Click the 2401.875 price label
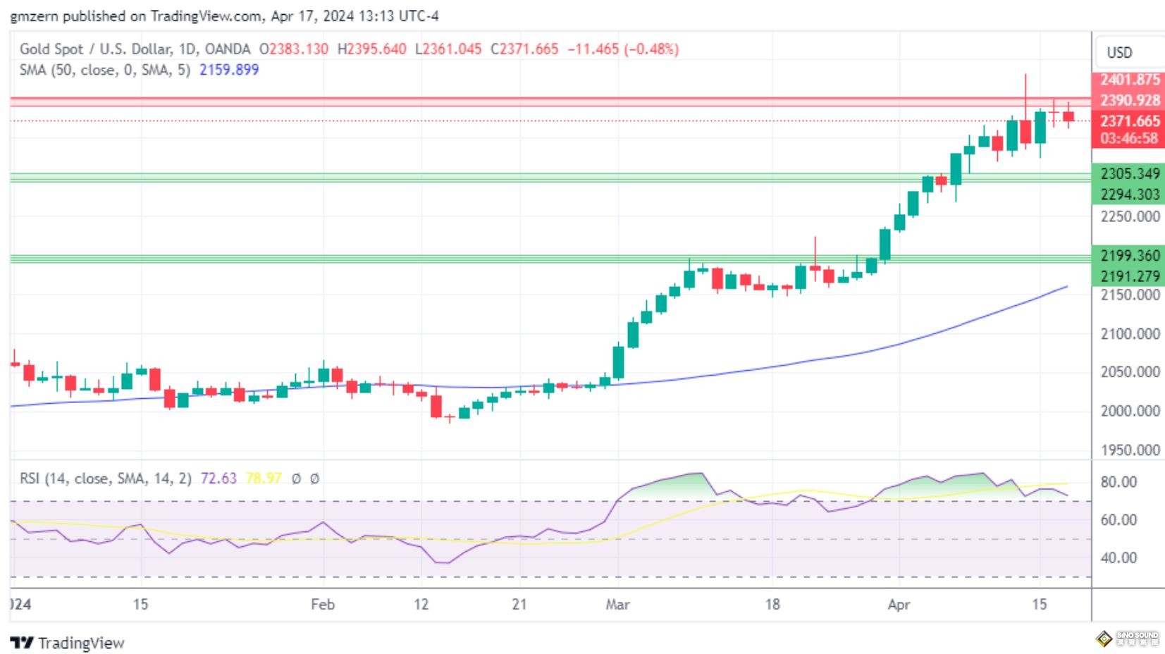click(x=1130, y=80)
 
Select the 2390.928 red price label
click(x=1130, y=101)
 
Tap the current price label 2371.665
click(x=1130, y=121)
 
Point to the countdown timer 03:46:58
click(x=1130, y=138)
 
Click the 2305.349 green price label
click(x=1130, y=173)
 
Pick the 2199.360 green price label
click(x=1130, y=256)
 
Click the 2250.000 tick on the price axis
click(x=1130, y=216)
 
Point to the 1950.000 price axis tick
click(x=1130, y=450)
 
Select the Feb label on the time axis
click(x=323, y=604)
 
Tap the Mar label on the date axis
click(x=617, y=604)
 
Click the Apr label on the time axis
click(x=899, y=604)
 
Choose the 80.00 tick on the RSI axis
click(x=1118, y=482)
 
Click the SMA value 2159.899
click(x=229, y=70)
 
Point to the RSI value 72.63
click(x=218, y=479)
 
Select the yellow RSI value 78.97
click(x=264, y=479)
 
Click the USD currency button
click(x=1119, y=53)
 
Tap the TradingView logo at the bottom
click(x=68, y=643)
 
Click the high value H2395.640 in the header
click(x=371, y=49)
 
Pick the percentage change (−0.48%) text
click(x=651, y=49)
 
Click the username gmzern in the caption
click(x=34, y=16)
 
